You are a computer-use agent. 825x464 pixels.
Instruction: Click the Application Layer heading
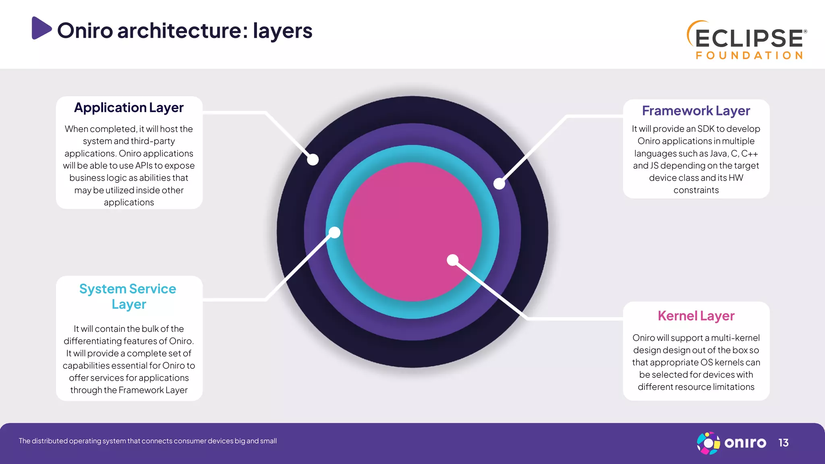pyautogui.click(x=129, y=108)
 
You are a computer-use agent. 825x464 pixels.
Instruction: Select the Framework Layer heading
pyautogui.click(x=696, y=111)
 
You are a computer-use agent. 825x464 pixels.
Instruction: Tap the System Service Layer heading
pyautogui.click(x=128, y=296)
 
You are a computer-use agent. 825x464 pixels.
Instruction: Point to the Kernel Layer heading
pyautogui.click(x=696, y=316)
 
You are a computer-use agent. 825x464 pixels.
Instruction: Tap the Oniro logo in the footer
pyautogui.click(x=732, y=443)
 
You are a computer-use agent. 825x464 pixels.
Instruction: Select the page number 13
pyautogui.click(x=783, y=443)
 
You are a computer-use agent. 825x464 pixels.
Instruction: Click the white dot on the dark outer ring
pyautogui.click(x=313, y=160)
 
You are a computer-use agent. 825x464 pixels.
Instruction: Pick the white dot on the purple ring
pyautogui.click(x=499, y=184)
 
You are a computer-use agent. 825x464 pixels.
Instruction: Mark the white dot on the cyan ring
pyautogui.click(x=335, y=232)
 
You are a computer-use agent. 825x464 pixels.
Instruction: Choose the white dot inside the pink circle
pyautogui.click(x=453, y=260)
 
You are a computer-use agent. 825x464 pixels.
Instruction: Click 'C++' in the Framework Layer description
pyautogui.click(x=749, y=153)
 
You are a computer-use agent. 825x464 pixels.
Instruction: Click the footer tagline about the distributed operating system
pyautogui.click(x=148, y=441)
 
